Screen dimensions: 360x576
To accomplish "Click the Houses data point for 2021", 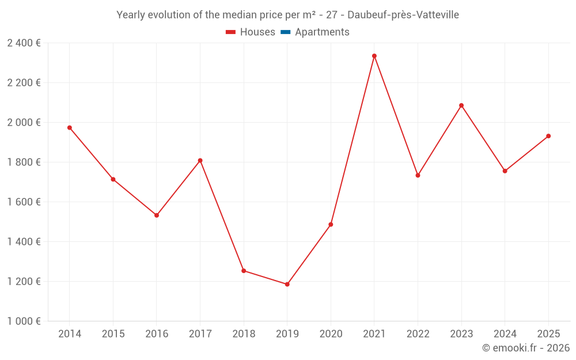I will (x=374, y=56).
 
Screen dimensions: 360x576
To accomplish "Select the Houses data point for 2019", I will (x=287, y=284).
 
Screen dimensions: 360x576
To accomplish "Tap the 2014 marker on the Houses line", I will (x=70, y=128).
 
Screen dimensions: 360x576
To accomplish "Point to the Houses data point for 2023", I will (x=461, y=105).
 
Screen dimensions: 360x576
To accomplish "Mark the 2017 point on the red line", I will (x=200, y=160).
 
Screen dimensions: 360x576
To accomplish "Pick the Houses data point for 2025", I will (x=548, y=136).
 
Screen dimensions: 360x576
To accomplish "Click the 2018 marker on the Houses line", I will (x=244, y=271).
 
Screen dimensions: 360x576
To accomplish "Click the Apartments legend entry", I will (x=322, y=32).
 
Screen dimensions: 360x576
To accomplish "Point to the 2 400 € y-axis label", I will (x=24, y=43).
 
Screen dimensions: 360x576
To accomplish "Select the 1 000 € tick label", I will (x=24, y=321).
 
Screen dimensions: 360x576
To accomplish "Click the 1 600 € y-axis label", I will (x=24, y=202).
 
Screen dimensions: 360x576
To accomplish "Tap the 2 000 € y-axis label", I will (x=24, y=122).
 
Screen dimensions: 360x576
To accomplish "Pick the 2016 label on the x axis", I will (x=157, y=334).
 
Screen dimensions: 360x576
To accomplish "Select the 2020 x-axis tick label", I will (x=331, y=334).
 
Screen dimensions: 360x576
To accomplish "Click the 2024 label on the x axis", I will (x=505, y=334).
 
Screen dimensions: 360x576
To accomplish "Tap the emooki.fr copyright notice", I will (x=526, y=348).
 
